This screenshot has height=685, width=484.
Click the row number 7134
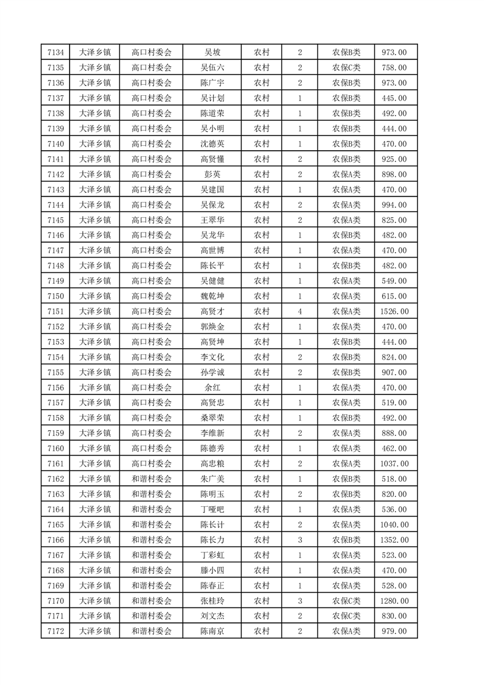[x=56, y=53]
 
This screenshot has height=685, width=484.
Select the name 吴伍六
[x=212, y=68]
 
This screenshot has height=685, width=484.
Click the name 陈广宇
[x=212, y=83]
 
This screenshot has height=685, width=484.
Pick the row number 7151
[x=56, y=311]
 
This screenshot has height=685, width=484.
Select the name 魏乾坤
[x=212, y=296]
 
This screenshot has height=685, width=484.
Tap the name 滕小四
[x=212, y=570]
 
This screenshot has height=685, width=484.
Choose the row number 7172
[x=56, y=631]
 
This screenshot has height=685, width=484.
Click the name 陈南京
[x=212, y=631]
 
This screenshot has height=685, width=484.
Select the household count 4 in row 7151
[x=300, y=311]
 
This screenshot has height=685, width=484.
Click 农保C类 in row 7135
[x=346, y=68]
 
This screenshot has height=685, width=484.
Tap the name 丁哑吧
[x=212, y=509]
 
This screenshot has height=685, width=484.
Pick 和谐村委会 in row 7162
[x=152, y=479]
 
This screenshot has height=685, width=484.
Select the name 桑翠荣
[x=212, y=418]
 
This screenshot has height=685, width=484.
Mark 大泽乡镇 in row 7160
[x=95, y=449]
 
